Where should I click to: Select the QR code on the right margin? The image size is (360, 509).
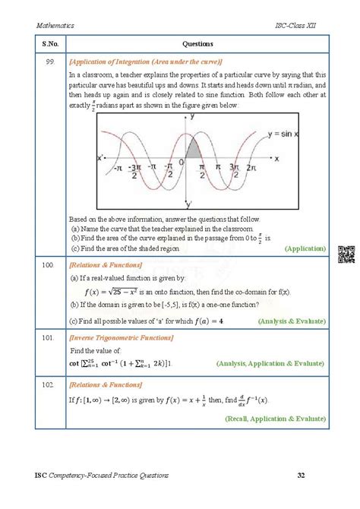click(346, 254)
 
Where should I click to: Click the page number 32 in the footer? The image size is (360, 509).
click(302, 476)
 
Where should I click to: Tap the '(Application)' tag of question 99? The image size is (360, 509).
click(306, 248)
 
